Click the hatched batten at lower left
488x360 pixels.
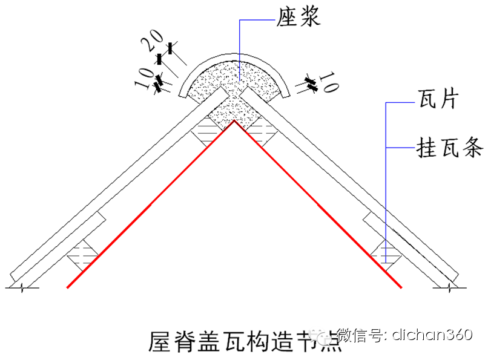pyautogui.click(x=84, y=252)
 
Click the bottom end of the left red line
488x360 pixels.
pyautogui.click(x=67, y=287)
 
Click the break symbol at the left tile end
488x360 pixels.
pyautogui.click(x=23, y=287)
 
